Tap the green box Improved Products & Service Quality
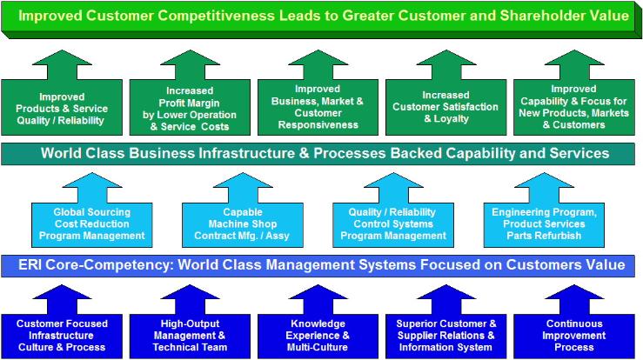62,107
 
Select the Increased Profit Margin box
190,107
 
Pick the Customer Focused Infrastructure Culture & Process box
61,335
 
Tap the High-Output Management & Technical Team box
190,335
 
